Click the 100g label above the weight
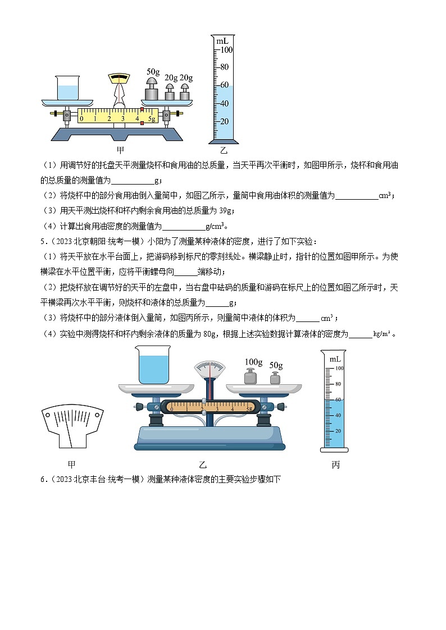[x=254, y=361]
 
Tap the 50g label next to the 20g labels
[x=153, y=71]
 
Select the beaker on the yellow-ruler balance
[x=67, y=88]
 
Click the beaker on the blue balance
[x=152, y=366]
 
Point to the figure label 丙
[x=335, y=465]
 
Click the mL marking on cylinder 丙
[x=335, y=358]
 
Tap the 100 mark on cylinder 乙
[x=226, y=49]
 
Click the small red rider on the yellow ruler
[x=142, y=122]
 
